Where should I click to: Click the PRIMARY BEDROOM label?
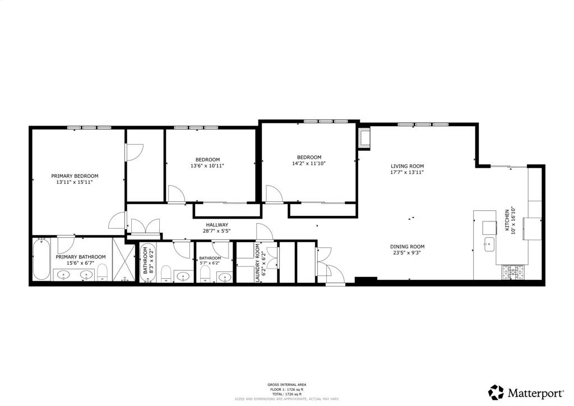[x=75, y=176]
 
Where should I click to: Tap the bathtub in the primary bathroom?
[x=41, y=260]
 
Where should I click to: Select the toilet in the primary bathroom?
[x=102, y=274]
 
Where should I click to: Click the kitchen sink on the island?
[x=488, y=243]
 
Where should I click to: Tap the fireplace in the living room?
[x=365, y=138]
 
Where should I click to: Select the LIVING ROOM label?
[x=407, y=166]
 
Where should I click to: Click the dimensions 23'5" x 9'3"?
[x=407, y=253]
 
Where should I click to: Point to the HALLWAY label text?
[x=216, y=224]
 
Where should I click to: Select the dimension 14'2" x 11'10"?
[x=309, y=164]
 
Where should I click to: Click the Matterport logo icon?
[x=496, y=392]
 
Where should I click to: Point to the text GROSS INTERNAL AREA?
[x=286, y=385]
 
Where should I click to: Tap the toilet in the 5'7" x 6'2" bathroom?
[x=205, y=274]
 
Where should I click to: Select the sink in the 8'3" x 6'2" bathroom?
[x=183, y=275]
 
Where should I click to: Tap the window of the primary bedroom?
[x=89, y=128]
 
